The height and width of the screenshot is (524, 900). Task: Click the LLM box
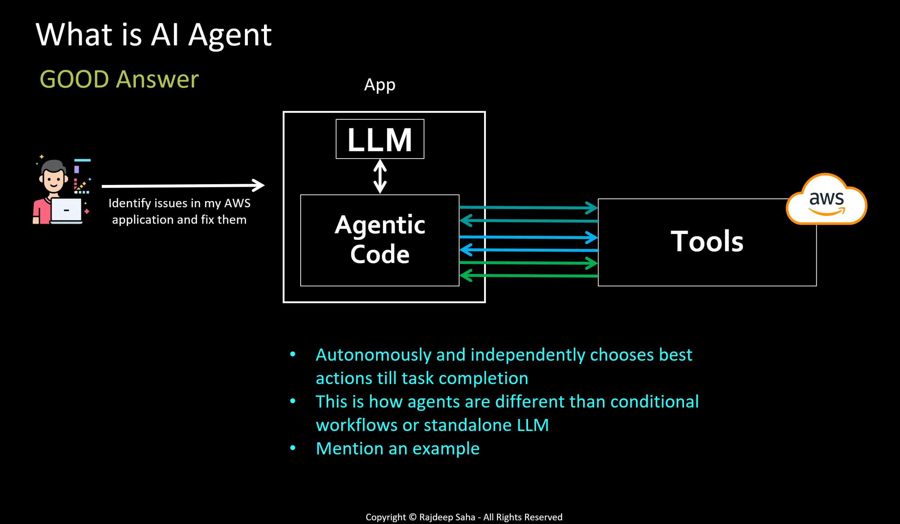click(380, 139)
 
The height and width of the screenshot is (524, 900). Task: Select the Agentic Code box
click(379, 240)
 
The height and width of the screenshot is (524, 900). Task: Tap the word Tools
click(707, 241)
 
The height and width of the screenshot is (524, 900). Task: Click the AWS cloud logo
click(826, 200)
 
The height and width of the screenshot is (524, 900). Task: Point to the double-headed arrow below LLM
click(380, 176)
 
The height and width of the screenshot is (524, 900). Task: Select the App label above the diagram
click(379, 85)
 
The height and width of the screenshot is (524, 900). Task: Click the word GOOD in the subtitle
click(74, 79)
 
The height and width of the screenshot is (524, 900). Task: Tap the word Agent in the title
click(230, 35)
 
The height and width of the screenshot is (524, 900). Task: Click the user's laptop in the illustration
click(66, 210)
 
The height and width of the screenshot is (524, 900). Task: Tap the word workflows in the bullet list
click(356, 425)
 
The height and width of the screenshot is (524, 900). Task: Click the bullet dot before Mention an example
click(293, 448)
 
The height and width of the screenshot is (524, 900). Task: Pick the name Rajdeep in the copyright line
click(436, 517)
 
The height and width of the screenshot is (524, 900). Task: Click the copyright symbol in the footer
click(412, 517)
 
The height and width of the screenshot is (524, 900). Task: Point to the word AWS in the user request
click(237, 203)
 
